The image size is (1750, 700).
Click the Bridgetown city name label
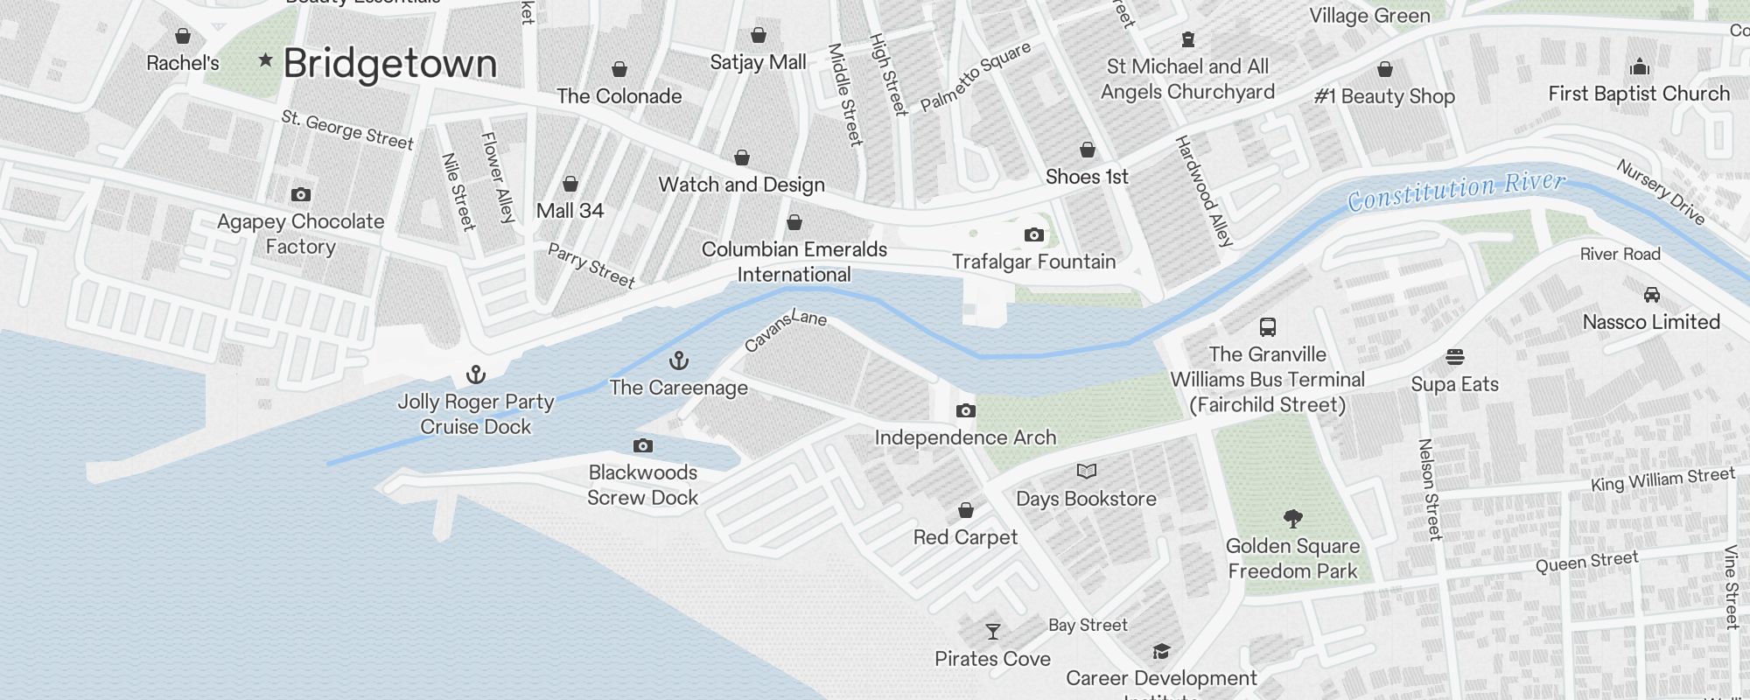click(x=390, y=64)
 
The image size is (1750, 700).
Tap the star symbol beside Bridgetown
click(x=265, y=60)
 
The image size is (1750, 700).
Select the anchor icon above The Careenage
click(x=678, y=360)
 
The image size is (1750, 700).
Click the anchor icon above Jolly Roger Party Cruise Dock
click(x=475, y=374)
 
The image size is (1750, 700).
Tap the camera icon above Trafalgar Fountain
click(x=1033, y=234)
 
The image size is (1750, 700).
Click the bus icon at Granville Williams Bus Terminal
click(x=1267, y=327)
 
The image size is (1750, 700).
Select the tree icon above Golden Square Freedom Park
click(x=1292, y=519)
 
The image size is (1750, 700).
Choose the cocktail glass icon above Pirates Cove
click(x=992, y=631)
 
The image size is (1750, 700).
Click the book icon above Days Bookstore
click(x=1086, y=472)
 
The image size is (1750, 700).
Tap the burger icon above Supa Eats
click(x=1454, y=357)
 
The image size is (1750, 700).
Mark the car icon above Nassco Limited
click(x=1651, y=294)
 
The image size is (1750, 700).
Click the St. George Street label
click(x=347, y=129)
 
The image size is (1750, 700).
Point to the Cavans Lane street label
click(x=785, y=330)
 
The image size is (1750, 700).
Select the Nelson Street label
click(x=1429, y=489)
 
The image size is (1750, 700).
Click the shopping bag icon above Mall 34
click(x=570, y=184)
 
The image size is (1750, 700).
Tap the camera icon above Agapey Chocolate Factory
click(x=300, y=194)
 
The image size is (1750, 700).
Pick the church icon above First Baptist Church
click(x=1639, y=66)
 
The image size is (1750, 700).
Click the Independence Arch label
click(x=965, y=437)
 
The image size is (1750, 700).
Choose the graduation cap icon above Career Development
click(x=1161, y=651)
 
